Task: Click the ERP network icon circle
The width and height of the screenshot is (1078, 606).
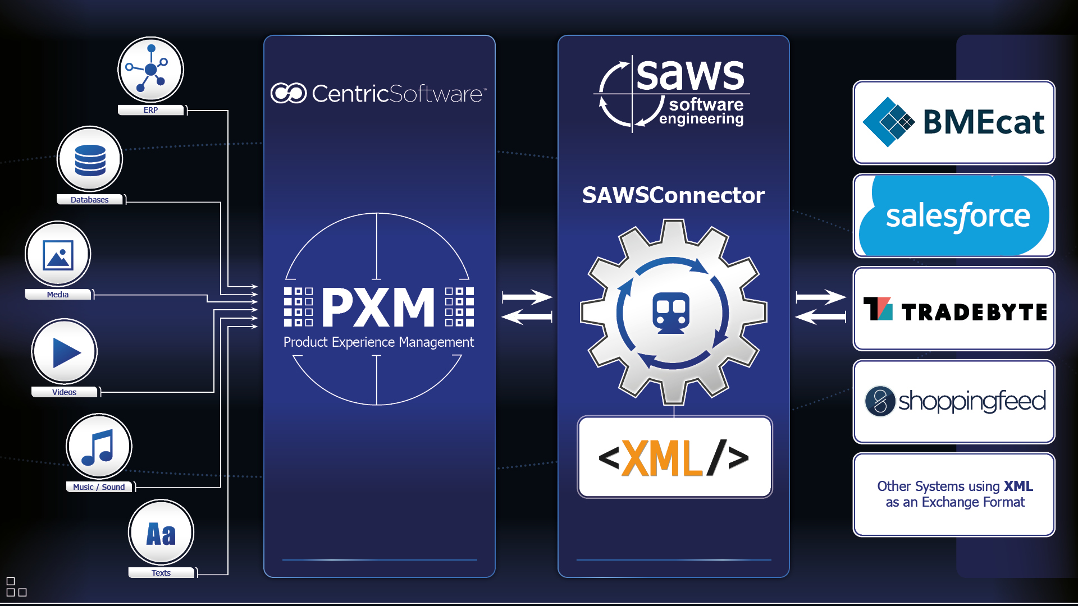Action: coord(150,70)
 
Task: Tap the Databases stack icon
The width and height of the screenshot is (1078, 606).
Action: coord(90,159)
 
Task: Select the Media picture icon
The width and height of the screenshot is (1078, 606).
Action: coord(58,255)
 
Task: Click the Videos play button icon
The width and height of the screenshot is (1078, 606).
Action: coord(65,352)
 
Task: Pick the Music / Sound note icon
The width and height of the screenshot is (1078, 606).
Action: coord(99,447)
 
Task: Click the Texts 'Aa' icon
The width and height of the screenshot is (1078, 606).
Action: coord(161,533)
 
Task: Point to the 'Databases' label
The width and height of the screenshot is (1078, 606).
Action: coord(90,200)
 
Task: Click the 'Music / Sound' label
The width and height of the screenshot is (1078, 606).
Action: coord(99,487)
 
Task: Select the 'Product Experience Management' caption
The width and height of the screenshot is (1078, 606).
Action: coord(378,342)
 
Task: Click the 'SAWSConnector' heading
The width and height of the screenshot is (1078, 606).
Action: coord(673,195)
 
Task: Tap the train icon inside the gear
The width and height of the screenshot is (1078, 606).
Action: coord(672,313)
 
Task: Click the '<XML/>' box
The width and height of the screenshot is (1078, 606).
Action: coord(674,457)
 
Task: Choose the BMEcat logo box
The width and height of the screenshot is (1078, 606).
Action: coord(953,122)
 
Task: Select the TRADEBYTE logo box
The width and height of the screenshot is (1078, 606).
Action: coord(953,309)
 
